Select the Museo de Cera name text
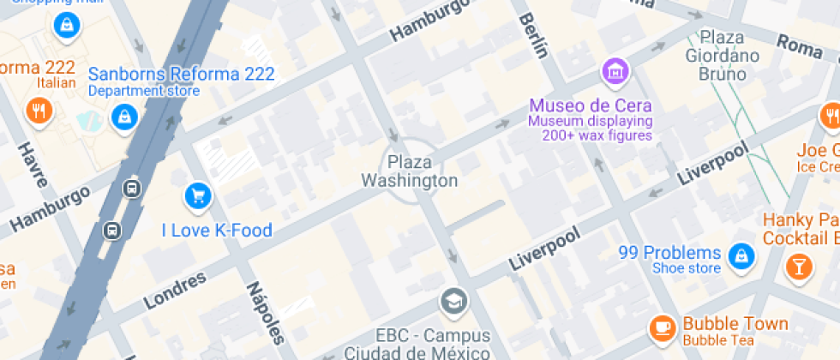[591, 106]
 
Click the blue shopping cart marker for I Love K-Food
[198, 196]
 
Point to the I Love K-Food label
[217, 230]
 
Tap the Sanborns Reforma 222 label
[182, 74]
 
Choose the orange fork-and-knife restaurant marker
[39, 110]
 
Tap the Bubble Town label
[735, 324]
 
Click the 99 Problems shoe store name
[669, 253]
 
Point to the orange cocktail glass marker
[799, 266]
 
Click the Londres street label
[176, 291]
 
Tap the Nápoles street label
[265, 314]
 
